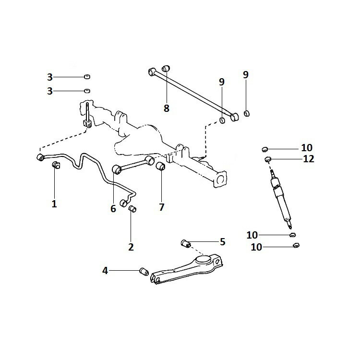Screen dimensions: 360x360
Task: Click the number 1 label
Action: [x=54, y=204]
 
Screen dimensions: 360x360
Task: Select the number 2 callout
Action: [x=131, y=247]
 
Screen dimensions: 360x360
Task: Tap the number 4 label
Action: [x=105, y=271]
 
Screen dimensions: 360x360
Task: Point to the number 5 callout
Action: [x=222, y=241]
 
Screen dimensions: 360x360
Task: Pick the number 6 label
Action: [x=113, y=209]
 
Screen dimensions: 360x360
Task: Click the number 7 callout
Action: [x=162, y=207]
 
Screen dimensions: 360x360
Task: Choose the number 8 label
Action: [x=167, y=108]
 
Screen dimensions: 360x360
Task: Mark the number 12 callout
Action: [x=309, y=159]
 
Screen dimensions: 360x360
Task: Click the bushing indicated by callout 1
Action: [x=55, y=166]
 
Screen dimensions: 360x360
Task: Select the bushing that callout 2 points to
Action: [x=133, y=208]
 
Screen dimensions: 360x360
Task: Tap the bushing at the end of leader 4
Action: [x=143, y=272]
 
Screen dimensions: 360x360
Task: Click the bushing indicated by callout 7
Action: [x=161, y=167]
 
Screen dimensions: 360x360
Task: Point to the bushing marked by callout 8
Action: [x=166, y=69]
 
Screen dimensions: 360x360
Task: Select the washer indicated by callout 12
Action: [x=268, y=159]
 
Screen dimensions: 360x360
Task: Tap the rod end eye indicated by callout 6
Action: [x=116, y=169]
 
